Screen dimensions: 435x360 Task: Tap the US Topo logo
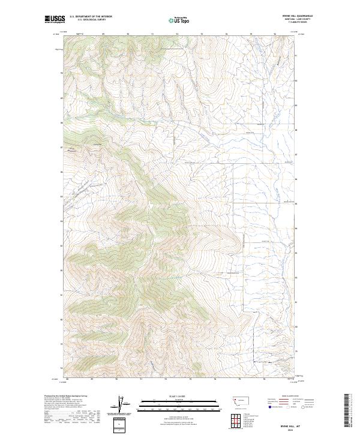tap(179, 19)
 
